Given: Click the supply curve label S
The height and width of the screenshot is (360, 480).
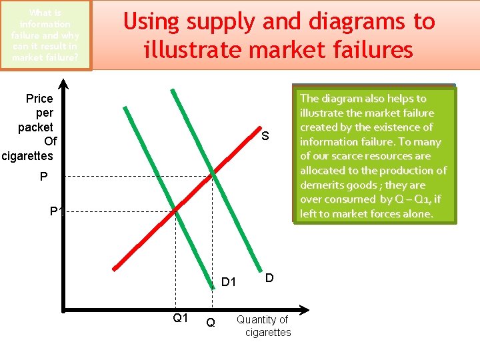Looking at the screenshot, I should point(265,137).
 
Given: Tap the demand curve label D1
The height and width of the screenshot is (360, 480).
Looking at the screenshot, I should point(229,282).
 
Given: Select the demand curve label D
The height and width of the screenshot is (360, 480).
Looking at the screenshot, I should point(269,277).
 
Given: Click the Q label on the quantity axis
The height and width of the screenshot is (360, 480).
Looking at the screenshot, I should point(211,323).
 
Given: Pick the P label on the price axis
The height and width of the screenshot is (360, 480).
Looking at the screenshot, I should point(43,176).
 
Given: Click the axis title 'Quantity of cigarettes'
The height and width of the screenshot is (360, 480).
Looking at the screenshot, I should point(263,326).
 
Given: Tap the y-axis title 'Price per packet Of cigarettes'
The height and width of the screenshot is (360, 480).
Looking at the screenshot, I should point(31,127).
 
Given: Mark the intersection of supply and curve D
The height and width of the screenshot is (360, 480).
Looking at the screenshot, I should point(213,175).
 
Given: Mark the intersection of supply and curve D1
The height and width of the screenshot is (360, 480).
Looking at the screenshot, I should point(175,210).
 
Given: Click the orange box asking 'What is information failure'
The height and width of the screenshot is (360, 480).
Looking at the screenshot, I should point(45,35).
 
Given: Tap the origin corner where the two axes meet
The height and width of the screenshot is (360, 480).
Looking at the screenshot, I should point(64,309).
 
